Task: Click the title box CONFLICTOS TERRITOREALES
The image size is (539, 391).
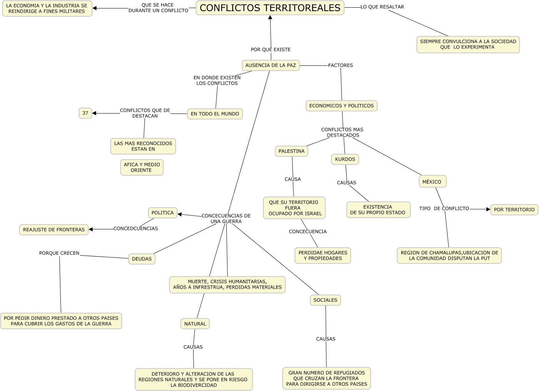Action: point(270,8)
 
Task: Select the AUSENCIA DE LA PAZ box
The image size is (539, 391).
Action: point(270,65)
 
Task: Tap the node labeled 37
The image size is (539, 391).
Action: point(85,113)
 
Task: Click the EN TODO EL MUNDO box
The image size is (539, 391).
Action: point(215,114)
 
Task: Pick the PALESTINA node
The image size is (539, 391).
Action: point(291,151)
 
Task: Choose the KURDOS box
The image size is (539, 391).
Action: point(345,159)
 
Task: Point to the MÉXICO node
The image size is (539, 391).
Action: point(432,182)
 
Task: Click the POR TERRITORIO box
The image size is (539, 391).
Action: point(514,210)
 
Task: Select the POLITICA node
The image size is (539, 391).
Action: point(162,213)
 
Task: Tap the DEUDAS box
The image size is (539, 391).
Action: point(142,259)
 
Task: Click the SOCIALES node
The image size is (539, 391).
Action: point(325,300)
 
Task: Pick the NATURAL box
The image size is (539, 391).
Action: point(195,324)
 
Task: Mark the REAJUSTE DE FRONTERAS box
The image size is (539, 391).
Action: point(54,230)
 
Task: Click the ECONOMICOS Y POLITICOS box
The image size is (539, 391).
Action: point(341,106)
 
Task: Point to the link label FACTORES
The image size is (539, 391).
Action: point(340,65)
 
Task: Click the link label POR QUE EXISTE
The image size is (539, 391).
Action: point(270,50)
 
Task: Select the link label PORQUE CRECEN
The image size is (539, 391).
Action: point(59,253)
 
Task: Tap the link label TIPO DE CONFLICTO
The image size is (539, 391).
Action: point(444,209)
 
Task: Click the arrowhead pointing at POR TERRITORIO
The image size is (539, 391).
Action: point(488,209)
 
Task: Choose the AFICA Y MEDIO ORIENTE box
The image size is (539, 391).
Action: point(142,167)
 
